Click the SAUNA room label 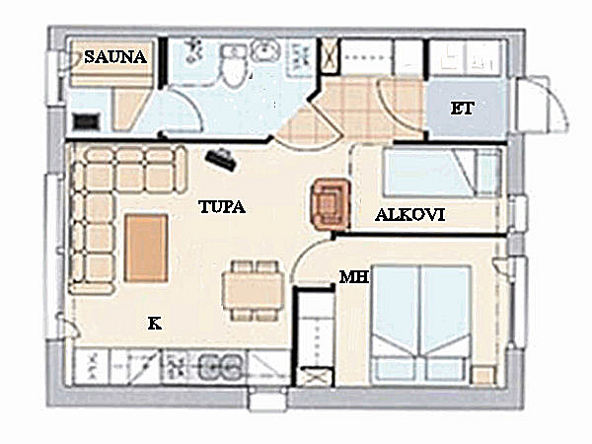coord(115,57)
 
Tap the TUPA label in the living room coord(222,207)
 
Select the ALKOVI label coord(410,215)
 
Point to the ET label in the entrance coord(462,109)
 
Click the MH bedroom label coord(354,277)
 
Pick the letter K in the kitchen coord(155,324)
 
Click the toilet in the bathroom coord(233,66)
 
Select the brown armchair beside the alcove coord(330,204)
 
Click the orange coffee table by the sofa coord(146,248)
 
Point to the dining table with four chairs coord(253,291)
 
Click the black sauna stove coord(87,121)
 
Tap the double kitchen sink coord(221,367)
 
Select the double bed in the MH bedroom coord(421,324)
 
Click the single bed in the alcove coord(442,173)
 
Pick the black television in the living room coord(221,159)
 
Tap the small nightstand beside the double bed coord(483,375)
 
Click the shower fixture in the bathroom coord(194,50)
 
